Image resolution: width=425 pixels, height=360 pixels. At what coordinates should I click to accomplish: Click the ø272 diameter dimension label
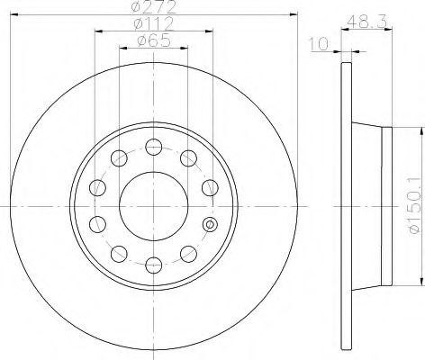click(153, 6)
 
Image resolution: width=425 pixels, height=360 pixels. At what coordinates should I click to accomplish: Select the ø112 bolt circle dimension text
click(154, 23)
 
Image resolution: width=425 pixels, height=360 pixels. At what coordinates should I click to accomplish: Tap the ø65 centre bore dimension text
click(154, 40)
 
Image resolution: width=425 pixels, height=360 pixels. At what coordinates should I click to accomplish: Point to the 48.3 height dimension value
click(366, 22)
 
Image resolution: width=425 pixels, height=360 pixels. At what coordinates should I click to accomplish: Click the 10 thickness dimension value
click(319, 44)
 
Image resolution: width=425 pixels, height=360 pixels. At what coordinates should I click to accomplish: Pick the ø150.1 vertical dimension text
click(414, 205)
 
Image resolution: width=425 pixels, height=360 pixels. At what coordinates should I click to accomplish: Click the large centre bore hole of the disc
click(154, 206)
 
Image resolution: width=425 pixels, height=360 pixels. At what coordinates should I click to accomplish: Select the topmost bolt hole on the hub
click(154, 147)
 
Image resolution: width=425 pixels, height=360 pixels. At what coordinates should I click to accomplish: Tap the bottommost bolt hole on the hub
click(154, 265)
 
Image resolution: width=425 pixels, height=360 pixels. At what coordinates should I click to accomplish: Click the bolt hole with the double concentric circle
click(210, 224)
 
